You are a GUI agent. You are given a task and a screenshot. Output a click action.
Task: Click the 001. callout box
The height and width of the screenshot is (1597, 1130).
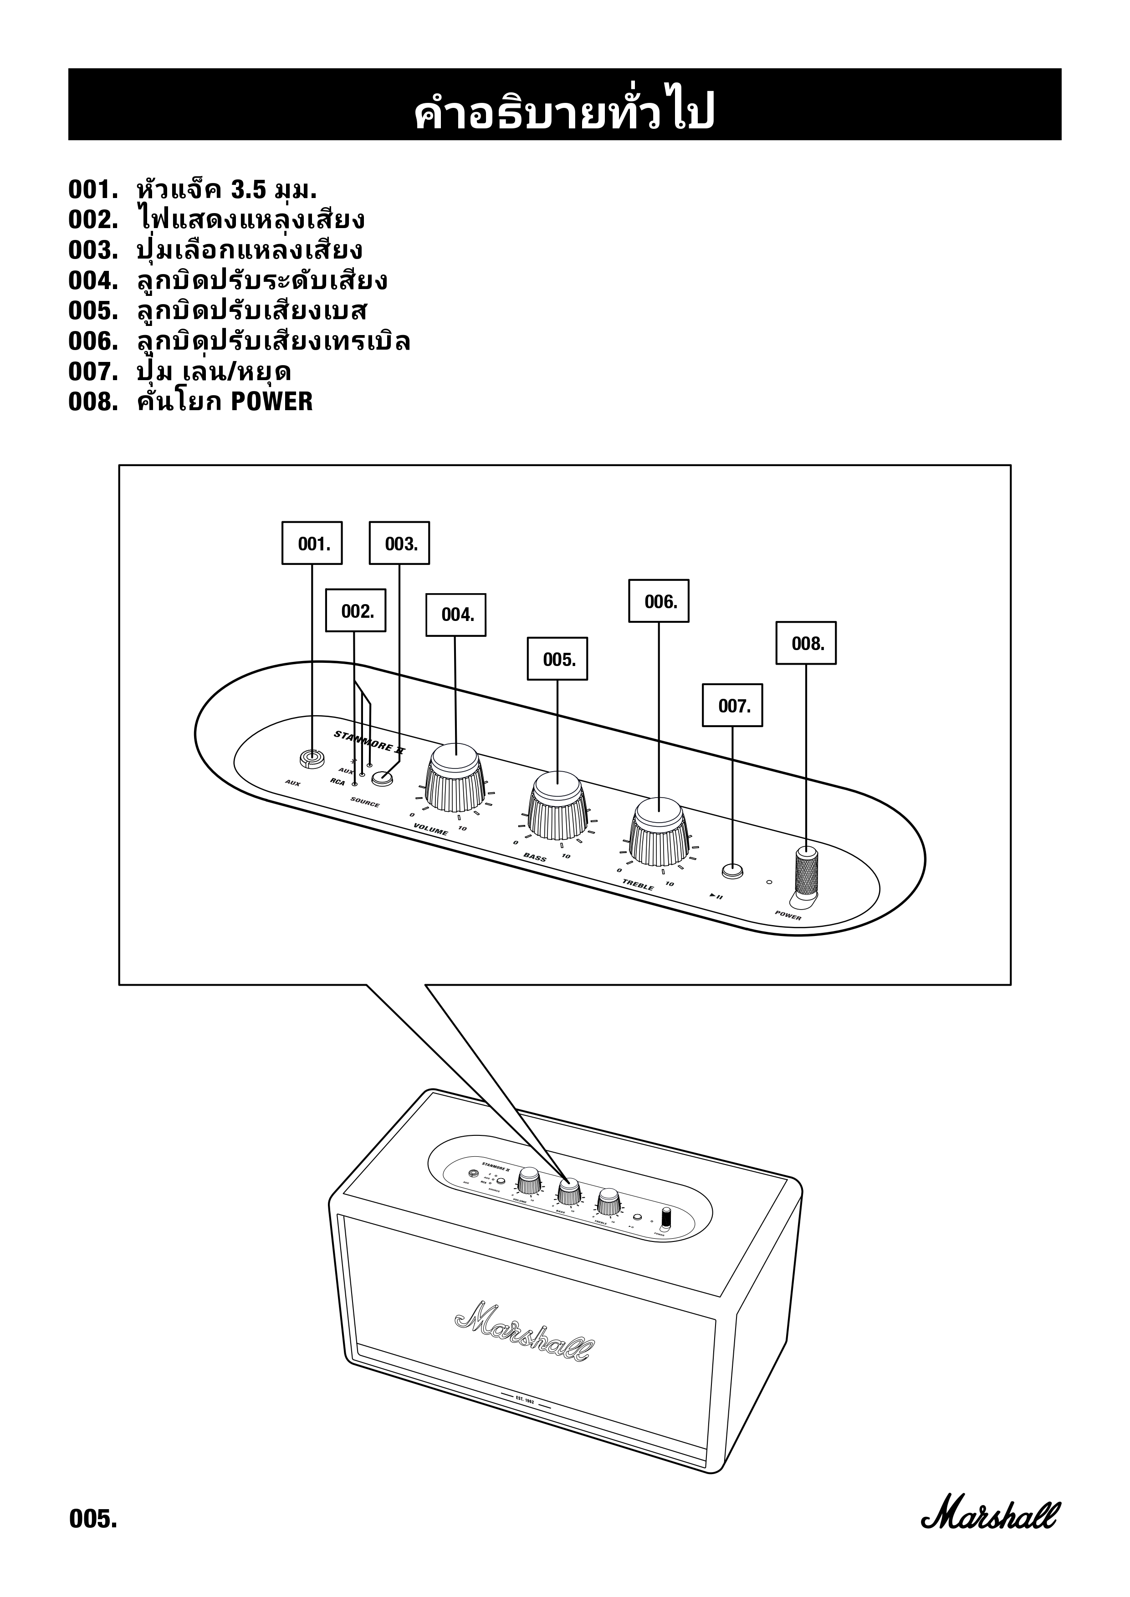click(312, 543)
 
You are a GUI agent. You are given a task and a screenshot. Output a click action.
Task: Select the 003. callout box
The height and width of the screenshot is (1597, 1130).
click(399, 543)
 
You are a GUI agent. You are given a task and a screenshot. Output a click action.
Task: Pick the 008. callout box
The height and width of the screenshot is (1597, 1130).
click(806, 643)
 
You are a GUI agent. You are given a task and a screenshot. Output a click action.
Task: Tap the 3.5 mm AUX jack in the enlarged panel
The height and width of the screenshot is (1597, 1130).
click(311, 758)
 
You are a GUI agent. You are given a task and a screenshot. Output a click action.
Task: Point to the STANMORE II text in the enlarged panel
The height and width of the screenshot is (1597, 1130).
click(369, 742)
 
